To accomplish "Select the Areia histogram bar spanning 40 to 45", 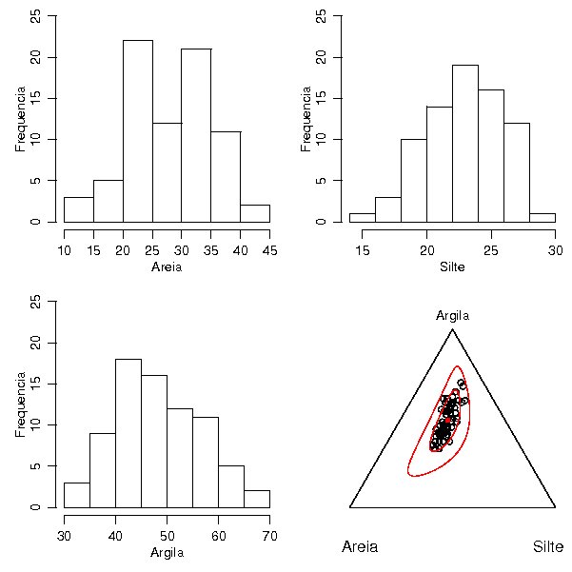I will [x=255, y=213].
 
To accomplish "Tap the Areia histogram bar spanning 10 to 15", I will [x=78, y=209].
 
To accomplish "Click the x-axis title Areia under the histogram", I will [x=167, y=267].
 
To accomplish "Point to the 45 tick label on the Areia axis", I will [x=270, y=250].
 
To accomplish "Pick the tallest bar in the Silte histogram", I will [x=464, y=143].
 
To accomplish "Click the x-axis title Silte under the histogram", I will [x=453, y=267].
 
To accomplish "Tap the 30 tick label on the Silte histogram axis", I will [x=556, y=250].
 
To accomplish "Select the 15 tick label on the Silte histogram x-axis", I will [x=363, y=250].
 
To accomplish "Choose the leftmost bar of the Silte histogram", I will [x=362, y=218].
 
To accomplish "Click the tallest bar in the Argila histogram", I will [x=128, y=433].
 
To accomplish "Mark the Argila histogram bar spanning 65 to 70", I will [x=257, y=499].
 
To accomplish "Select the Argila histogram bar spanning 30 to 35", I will [x=76, y=495].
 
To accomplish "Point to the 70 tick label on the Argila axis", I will [x=269, y=536].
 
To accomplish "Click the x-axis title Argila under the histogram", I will [x=167, y=553].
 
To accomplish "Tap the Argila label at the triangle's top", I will [x=452, y=315].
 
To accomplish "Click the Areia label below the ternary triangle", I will [x=360, y=547].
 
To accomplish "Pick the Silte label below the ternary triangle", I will [x=548, y=547].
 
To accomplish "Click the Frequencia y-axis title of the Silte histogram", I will [x=306, y=119].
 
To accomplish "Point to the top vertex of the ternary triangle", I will [x=452, y=329].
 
